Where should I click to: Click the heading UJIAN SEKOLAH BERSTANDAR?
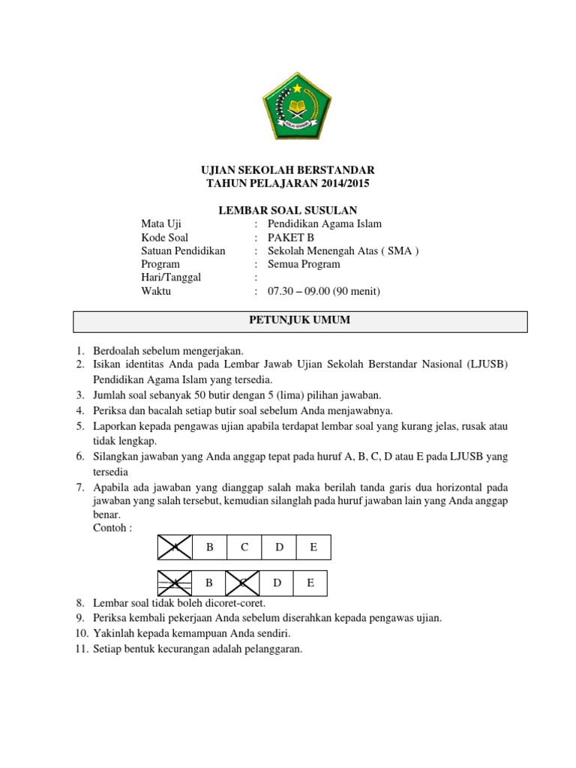[288, 170]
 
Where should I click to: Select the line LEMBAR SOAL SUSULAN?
[288, 211]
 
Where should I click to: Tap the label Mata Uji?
[161, 223]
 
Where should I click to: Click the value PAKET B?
[292, 237]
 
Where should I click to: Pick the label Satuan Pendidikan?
[183, 250]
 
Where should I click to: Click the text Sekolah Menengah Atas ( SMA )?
[343, 250]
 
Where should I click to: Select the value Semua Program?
[304, 264]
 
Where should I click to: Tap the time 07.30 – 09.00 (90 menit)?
[319, 291]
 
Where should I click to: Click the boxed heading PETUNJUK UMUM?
[299, 320]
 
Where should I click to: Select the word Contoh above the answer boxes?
[111, 527]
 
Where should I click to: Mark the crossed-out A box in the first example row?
[175, 547]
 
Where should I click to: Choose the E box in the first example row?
[313, 547]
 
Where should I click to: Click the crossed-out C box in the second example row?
[243, 582]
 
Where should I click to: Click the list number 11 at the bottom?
[81, 649]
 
